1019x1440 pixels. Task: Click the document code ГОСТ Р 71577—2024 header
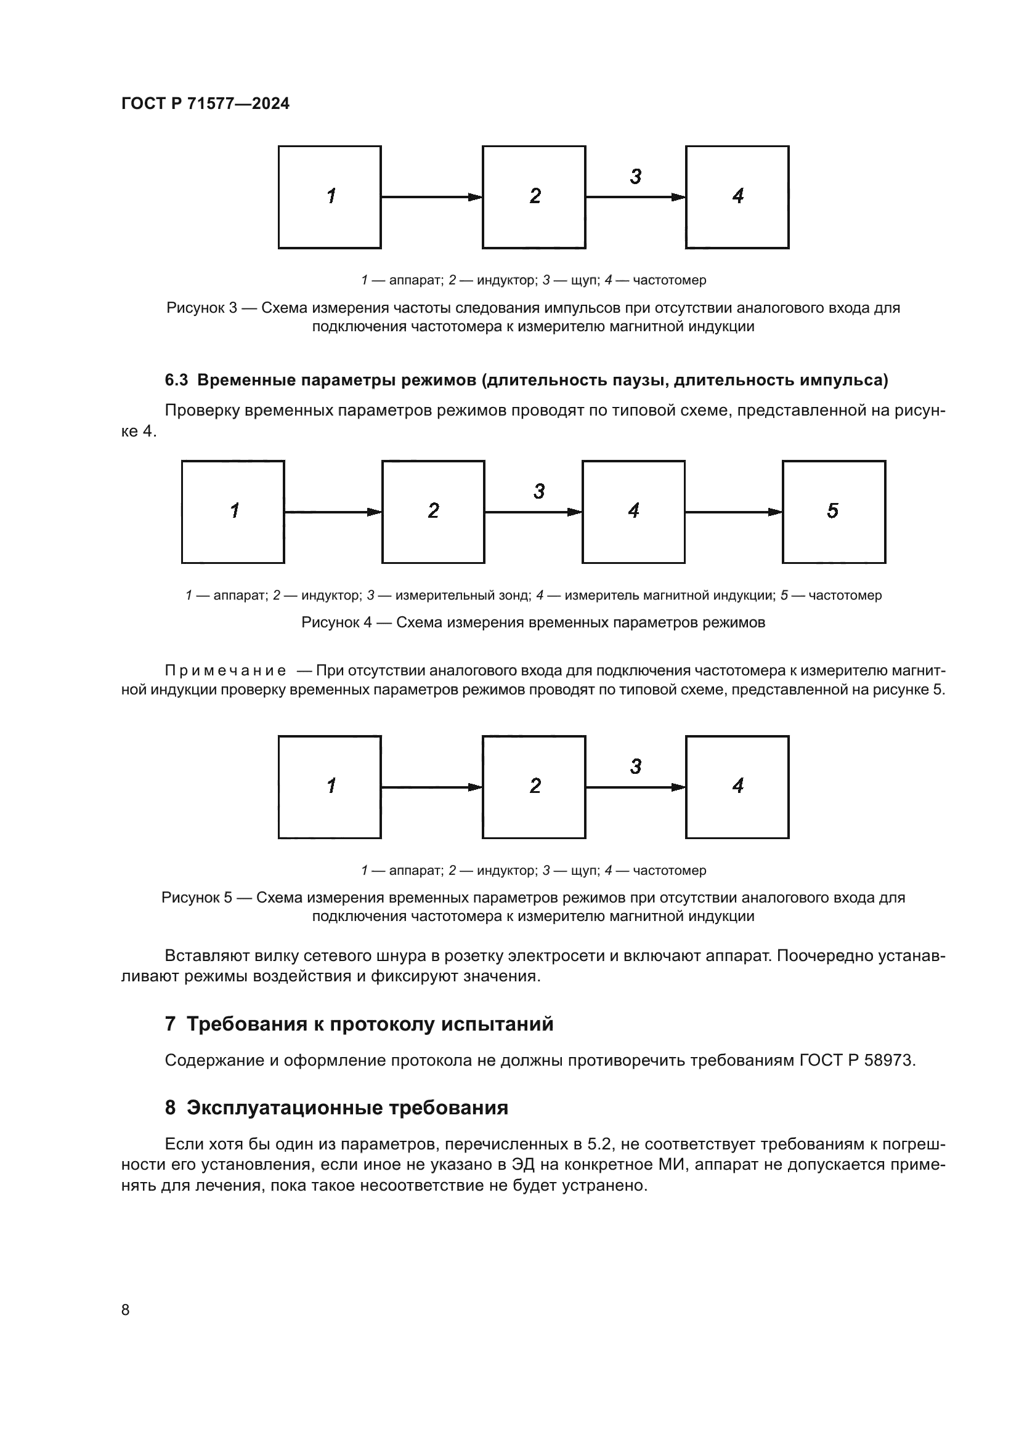(x=205, y=104)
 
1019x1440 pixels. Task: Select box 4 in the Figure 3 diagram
(x=737, y=197)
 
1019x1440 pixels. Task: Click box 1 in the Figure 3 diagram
(x=330, y=197)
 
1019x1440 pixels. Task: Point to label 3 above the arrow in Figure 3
(x=636, y=177)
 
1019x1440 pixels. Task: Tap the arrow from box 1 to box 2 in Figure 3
(x=431, y=197)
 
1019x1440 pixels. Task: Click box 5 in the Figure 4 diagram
(x=834, y=512)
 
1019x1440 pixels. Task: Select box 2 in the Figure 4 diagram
(x=433, y=512)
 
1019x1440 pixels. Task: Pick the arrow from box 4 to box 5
(x=733, y=512)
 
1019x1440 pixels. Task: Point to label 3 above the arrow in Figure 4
(x=539, y=492)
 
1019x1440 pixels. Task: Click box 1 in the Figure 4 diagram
(x=233, y=512)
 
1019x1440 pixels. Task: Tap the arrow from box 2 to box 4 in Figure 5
(x=635, y=787)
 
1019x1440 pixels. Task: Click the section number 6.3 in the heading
(x=176, y=380)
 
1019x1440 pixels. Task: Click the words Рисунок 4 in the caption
(x=336, y=622)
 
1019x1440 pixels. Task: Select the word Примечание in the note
(x=225, y=670)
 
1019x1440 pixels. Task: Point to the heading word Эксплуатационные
(x=285, y=1108)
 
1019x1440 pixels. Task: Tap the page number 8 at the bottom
(x=125, y=1309)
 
